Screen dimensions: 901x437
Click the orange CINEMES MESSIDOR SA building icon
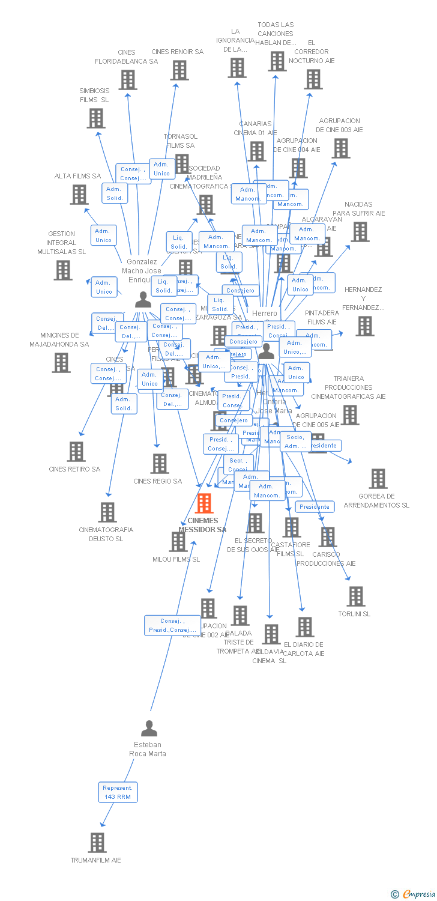[204, 503]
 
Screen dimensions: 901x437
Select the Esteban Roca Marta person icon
[149, 729]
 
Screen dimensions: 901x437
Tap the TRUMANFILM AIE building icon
[97, 843]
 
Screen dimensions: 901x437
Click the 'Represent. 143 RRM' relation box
[118, 792]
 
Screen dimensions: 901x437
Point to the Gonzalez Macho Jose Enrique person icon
[143, 299]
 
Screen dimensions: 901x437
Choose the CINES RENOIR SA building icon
[179, 70]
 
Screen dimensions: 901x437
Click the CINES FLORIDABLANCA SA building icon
[127, 79]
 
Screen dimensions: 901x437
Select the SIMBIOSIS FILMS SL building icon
[96, 118]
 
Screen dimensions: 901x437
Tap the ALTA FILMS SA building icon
[79, 194]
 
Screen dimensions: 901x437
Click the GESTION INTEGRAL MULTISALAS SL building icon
[63, 270]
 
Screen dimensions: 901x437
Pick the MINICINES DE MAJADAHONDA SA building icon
[61, 363]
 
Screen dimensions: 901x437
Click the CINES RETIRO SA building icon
[76, 451]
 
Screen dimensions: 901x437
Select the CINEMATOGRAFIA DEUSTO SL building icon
[107, 512]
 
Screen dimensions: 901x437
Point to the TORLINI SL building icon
[356, 596]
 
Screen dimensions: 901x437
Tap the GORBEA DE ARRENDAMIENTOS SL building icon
[378, 479]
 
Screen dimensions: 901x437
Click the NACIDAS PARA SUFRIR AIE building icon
[360, 231]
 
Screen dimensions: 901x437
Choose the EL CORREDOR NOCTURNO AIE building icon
[313, 79]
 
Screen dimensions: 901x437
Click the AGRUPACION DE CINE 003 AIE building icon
[341, 148]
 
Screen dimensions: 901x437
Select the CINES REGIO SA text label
[157, 481]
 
